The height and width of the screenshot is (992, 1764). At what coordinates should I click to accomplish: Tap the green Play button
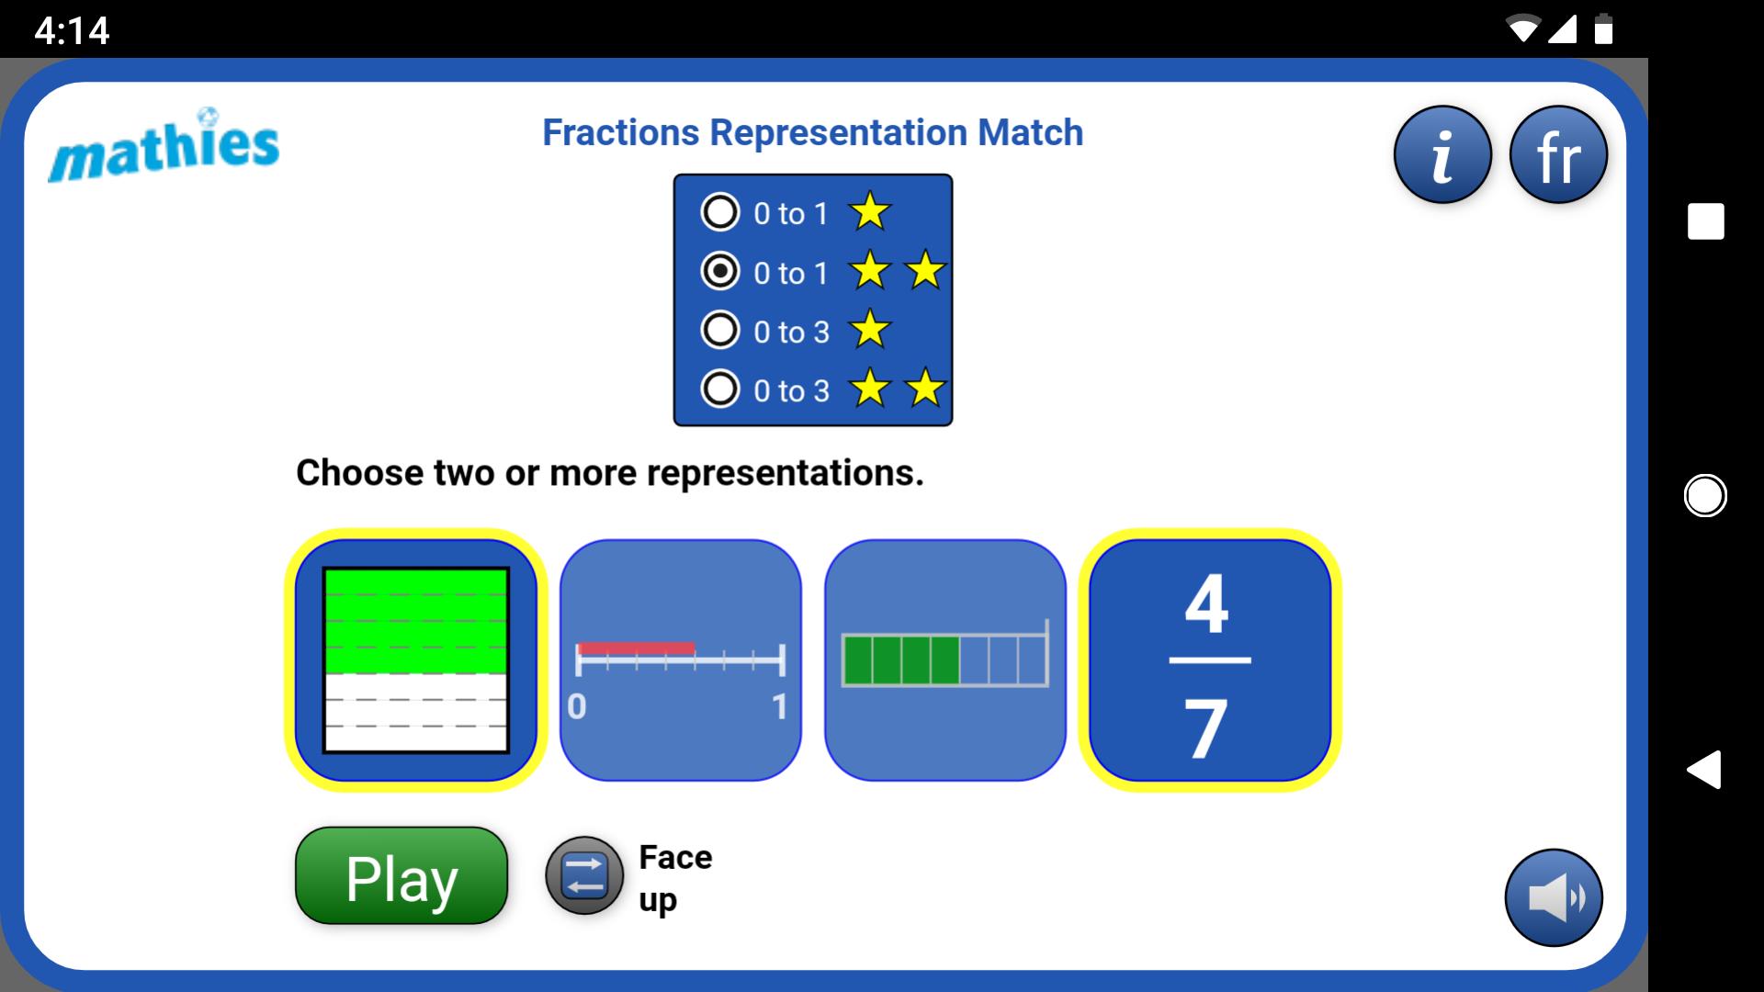point(401,875)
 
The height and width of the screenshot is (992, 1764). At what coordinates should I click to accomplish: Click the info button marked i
point(1442,154)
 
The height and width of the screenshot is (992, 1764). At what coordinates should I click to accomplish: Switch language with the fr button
point(1558,154)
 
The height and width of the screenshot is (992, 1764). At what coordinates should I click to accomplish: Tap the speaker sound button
point(1554,897)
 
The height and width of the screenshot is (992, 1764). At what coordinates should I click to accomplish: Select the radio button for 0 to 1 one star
point(719,212)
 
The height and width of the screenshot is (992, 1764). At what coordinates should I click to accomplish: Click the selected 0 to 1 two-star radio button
point(719,271)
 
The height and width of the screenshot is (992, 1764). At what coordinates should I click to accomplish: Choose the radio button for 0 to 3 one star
point(719,330)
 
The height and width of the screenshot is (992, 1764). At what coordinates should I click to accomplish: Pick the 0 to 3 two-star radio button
point(719,389)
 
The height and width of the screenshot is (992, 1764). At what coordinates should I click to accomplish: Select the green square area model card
point(416,659)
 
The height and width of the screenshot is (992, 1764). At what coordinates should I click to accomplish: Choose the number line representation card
point(680,659)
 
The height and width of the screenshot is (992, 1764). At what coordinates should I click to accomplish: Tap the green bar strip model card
point(944,659)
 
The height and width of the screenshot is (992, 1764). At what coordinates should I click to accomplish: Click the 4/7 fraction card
point(1210,659)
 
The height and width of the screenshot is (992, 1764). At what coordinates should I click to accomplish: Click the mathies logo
point(164,146)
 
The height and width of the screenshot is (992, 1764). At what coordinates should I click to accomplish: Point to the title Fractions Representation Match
point(813,132)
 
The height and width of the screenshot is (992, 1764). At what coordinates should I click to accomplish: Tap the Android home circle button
point(1705,496)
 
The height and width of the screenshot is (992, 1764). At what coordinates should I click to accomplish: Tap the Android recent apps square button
point(1705,221)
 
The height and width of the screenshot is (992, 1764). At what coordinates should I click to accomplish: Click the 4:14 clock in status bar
point(72,30)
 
